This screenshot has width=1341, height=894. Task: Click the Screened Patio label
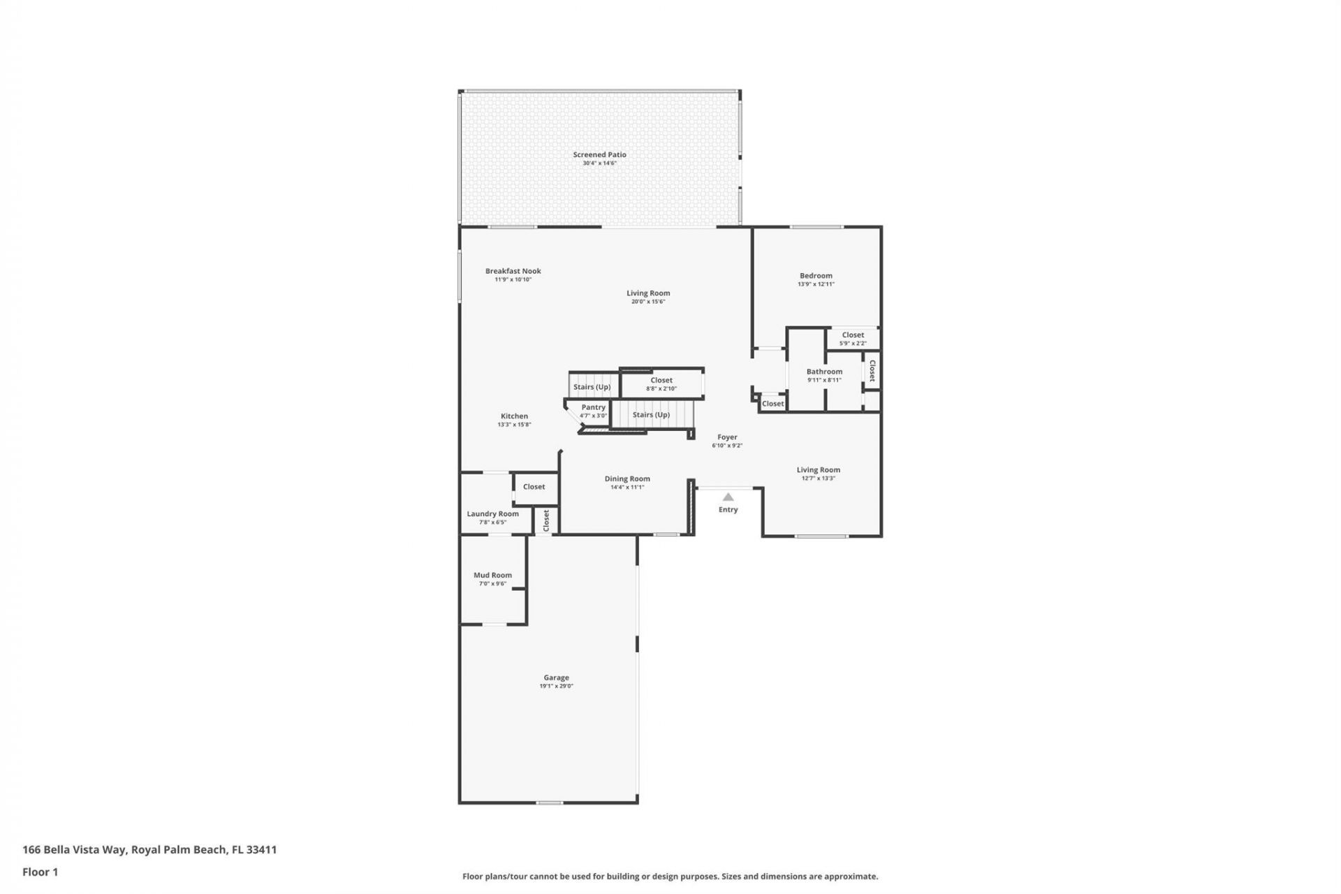(599, 155)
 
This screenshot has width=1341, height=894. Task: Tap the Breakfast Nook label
(513, 271)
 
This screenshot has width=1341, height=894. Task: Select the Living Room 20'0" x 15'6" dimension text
(648, 302)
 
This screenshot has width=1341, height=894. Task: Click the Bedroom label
(816, 276)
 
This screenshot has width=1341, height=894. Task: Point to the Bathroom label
(824, 372)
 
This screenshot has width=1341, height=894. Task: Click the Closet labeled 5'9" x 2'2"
(853, 335)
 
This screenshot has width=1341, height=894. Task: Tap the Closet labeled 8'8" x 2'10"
(661, 381)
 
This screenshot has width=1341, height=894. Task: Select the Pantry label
(593, 407)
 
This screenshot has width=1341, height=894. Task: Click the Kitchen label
(514, 416)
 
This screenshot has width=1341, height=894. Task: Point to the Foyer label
(727, 437)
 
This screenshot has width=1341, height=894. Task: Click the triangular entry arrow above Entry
(728, 497)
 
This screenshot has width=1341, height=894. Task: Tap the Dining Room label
(627, 479)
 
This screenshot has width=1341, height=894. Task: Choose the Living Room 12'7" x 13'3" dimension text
(819, 478)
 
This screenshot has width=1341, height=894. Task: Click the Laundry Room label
(492, 514)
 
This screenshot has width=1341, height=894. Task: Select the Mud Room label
(492, 576)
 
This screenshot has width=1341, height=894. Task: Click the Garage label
(556, 677)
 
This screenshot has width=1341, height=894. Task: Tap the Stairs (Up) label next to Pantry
(651, 415)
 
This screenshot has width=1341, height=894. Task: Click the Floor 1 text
(40, 872)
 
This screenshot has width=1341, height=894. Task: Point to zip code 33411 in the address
(262, 849)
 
